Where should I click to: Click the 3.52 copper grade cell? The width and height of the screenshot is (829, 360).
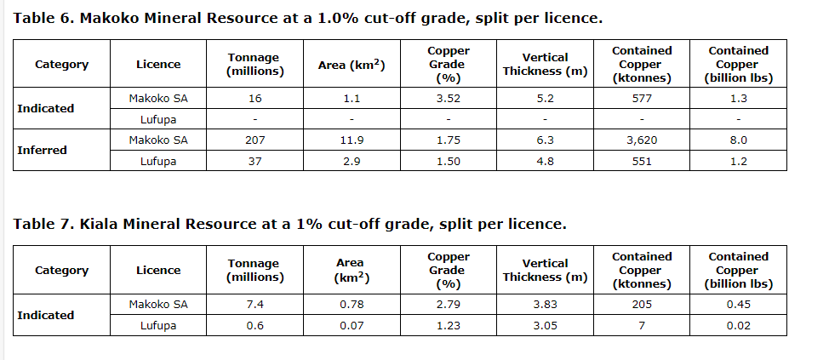pos(448,99)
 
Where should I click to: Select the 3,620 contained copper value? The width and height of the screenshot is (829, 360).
pos(642,140)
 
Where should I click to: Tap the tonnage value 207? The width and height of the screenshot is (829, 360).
pos(254,140)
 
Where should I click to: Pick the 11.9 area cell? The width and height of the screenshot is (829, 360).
pos(352,140)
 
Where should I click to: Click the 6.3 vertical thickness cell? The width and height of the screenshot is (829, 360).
pos(545,140)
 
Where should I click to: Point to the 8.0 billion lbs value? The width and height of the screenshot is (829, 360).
pos(738,140)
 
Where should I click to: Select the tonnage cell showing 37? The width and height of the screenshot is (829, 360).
pos(254,160)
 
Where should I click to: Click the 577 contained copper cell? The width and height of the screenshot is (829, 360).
pos(642,99)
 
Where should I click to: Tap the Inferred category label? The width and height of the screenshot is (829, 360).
pos(42,150)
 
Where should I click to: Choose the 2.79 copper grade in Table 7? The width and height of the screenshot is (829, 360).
pos(448,304)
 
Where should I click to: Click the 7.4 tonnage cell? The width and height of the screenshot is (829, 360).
pos(254,304)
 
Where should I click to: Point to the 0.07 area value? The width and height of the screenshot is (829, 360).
pos(351,324)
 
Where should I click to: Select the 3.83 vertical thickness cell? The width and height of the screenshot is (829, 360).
pos(545,304)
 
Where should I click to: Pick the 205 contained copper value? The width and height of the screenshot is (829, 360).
pos(642,304)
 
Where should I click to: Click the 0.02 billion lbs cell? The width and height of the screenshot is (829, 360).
pos(738,324)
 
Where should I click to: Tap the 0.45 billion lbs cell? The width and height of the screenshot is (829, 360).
pos(738,304)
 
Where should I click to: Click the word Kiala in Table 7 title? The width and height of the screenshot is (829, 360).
pos(101,224)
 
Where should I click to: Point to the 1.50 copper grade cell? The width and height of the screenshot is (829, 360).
pos(448,160)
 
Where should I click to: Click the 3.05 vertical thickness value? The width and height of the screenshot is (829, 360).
pos(545,324)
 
